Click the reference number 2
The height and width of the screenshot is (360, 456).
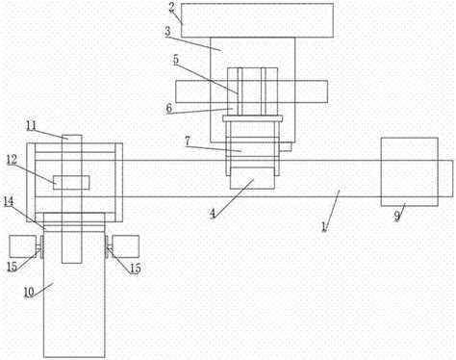pos(172,8)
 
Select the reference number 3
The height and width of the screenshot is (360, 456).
pos(168,32)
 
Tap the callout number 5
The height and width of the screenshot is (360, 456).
pos(176,60)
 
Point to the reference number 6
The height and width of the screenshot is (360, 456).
pos(169,109)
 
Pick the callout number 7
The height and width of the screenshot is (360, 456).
pos(188,141)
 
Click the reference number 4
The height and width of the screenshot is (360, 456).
pos(213,214)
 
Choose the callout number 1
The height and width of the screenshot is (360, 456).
pos(324,227)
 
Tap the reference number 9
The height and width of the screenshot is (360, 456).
pos(397,216)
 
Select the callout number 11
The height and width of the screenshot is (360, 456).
pos(32,125)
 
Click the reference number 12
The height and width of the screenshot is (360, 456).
pos(12,160)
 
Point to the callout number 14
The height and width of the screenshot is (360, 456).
pos(9,201)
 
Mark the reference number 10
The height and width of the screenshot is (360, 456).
pos(29,292)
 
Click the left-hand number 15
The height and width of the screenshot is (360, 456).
pos(13,267)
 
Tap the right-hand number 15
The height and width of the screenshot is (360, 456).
pos(136,269)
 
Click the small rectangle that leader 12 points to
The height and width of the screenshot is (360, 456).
pos(71,182)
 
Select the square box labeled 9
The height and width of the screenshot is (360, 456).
pos(409,171)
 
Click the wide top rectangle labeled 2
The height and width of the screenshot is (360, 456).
pos(257,20)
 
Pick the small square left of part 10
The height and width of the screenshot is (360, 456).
pos(22,246)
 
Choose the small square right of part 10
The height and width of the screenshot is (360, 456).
pos(126,246)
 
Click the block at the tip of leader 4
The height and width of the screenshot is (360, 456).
pos(252,178)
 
